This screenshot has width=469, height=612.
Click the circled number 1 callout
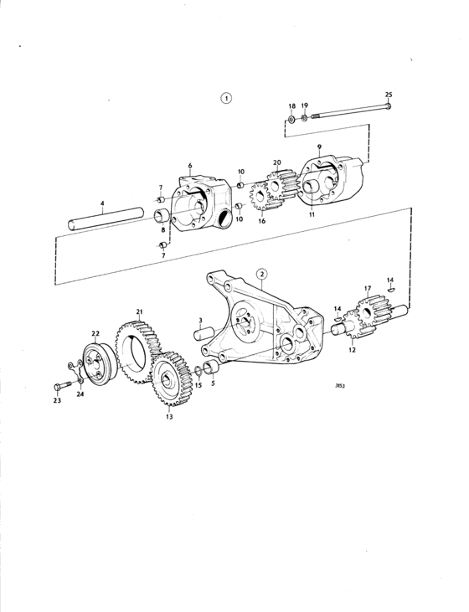point(226,98)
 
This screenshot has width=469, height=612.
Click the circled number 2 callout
point(262,274)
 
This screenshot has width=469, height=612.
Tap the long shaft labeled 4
point(106,219)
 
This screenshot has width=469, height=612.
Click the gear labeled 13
point(172,379)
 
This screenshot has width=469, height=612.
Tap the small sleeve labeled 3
point(204,333)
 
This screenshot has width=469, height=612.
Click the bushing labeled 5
point(212,368)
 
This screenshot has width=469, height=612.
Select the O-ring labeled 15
point(198,371)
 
